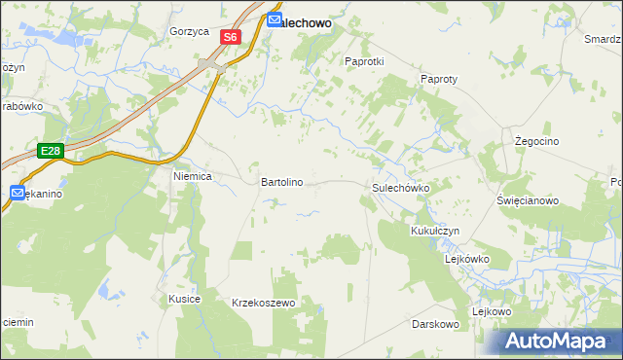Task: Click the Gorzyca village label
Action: (x=189, y=31)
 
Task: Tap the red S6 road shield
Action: (x=229, y=37)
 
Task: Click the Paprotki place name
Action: (x=365, y=60)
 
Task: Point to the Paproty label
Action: (x=439, y=79)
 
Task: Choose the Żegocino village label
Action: (x=534, y=141)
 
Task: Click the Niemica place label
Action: (x=192, y=178)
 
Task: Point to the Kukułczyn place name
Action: (x=435, y=232)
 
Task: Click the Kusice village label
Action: (x=184, y=298)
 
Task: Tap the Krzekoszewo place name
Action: (x=263, y=304)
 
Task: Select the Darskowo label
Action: (x=435, y=323)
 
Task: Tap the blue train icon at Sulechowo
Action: (x=275, y=17)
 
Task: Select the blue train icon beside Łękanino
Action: (x=18, y=194)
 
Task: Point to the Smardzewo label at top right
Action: (x=604, y=39)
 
